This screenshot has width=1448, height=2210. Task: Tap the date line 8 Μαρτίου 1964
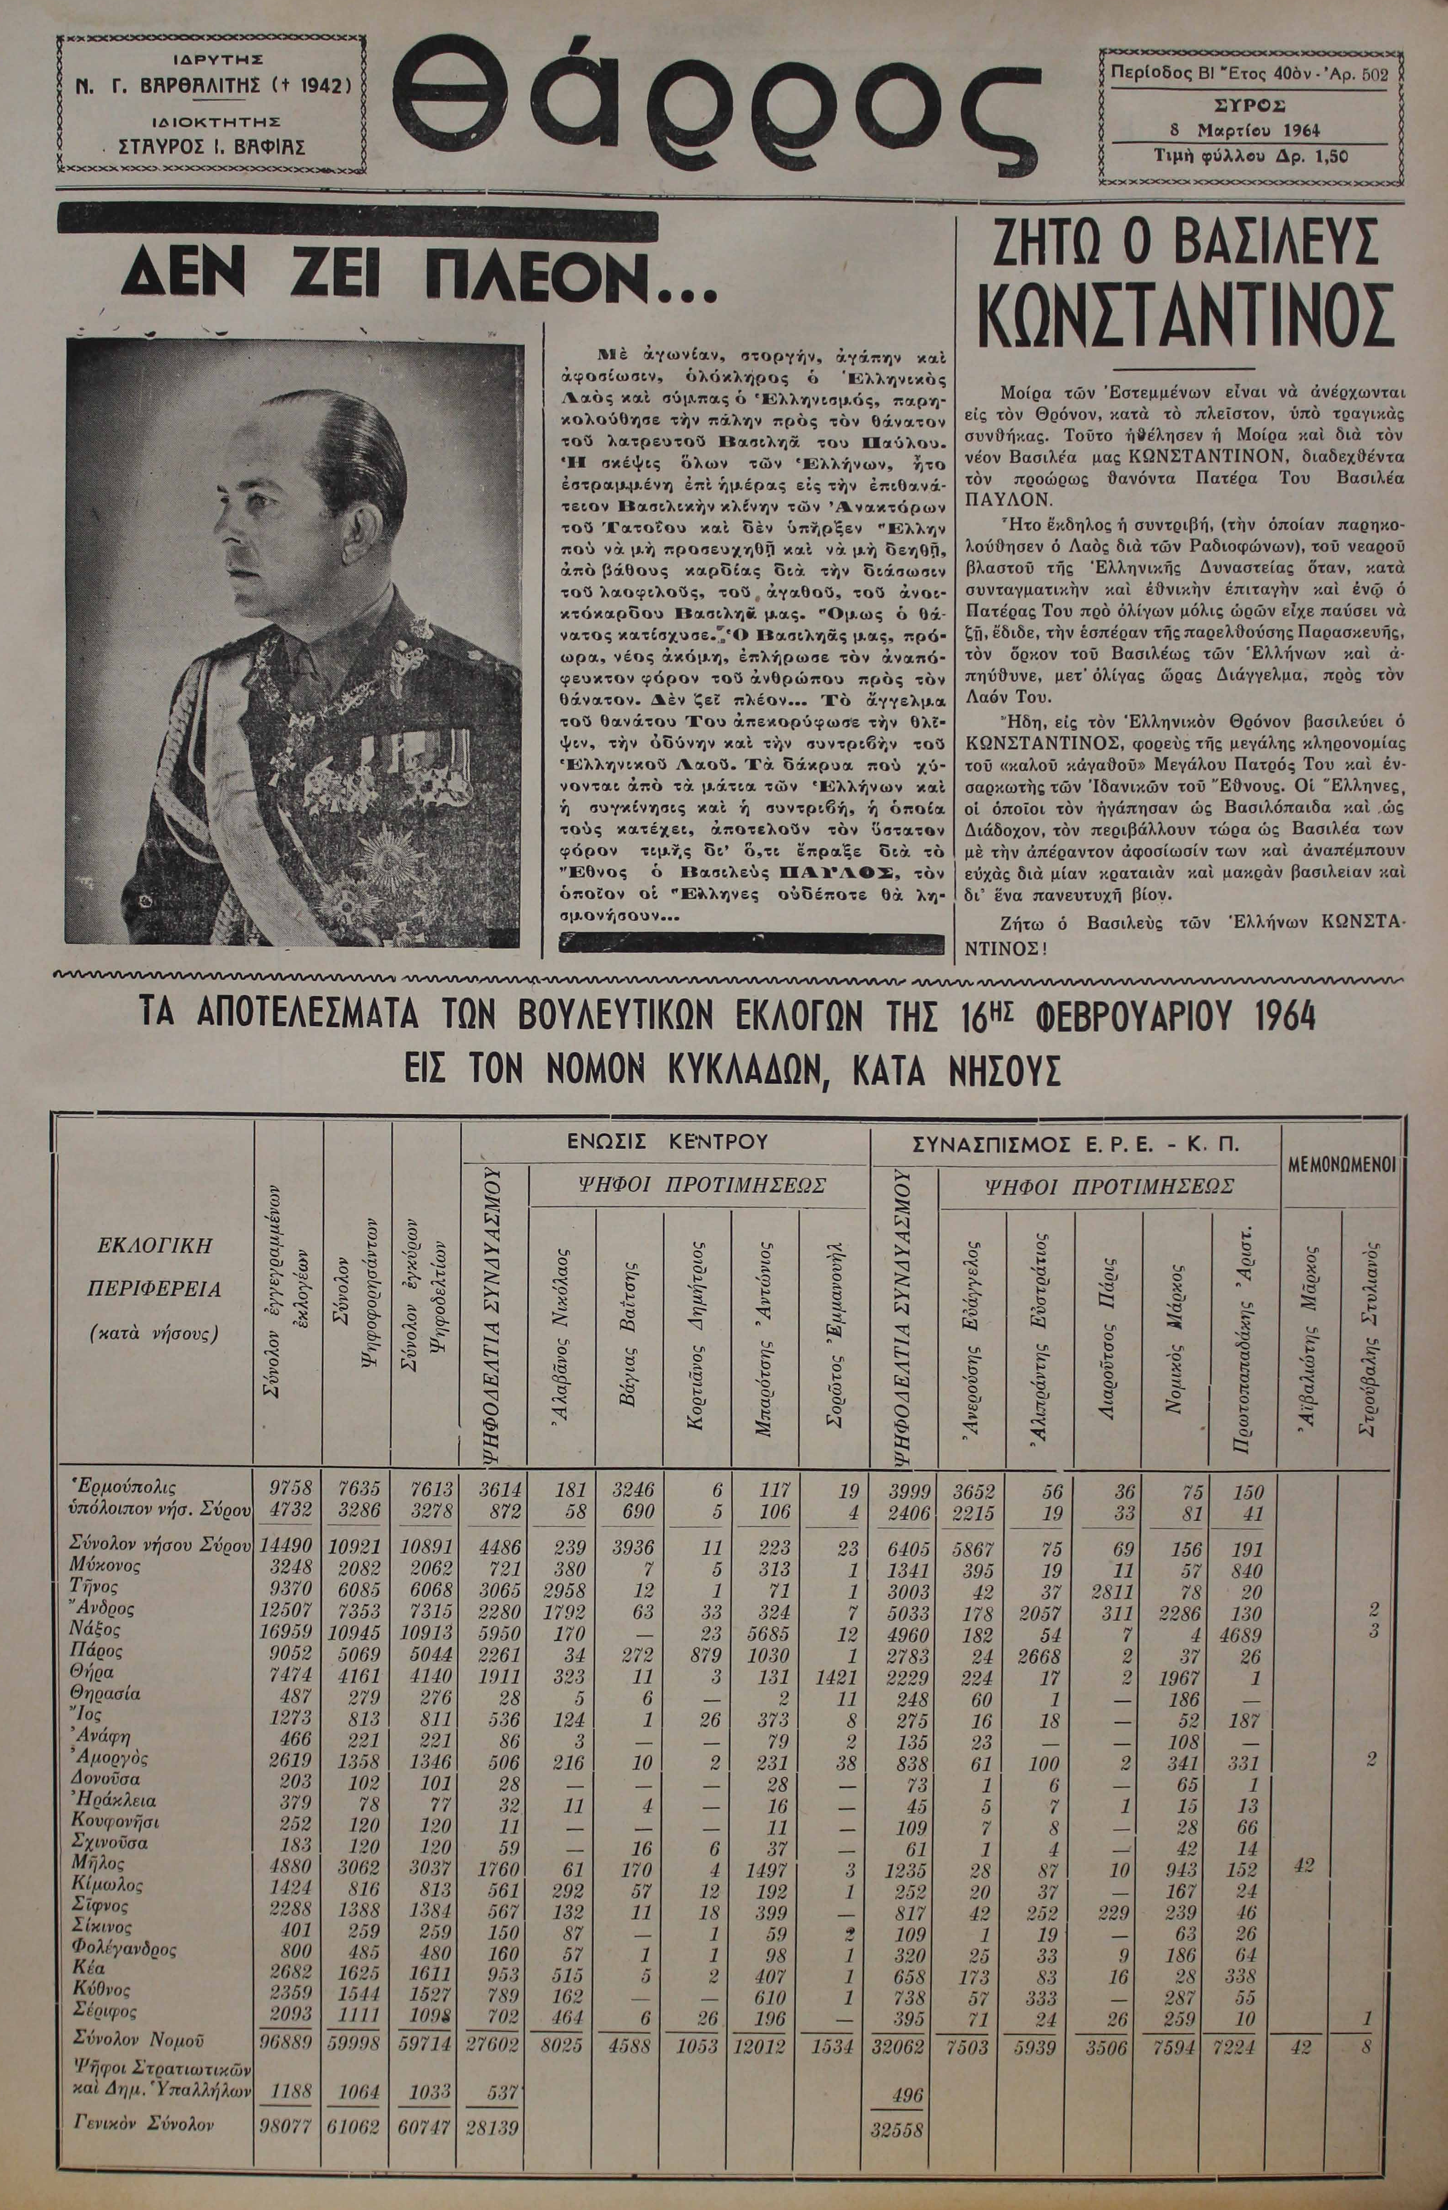pyautogui.click(x=1244, y=130)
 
